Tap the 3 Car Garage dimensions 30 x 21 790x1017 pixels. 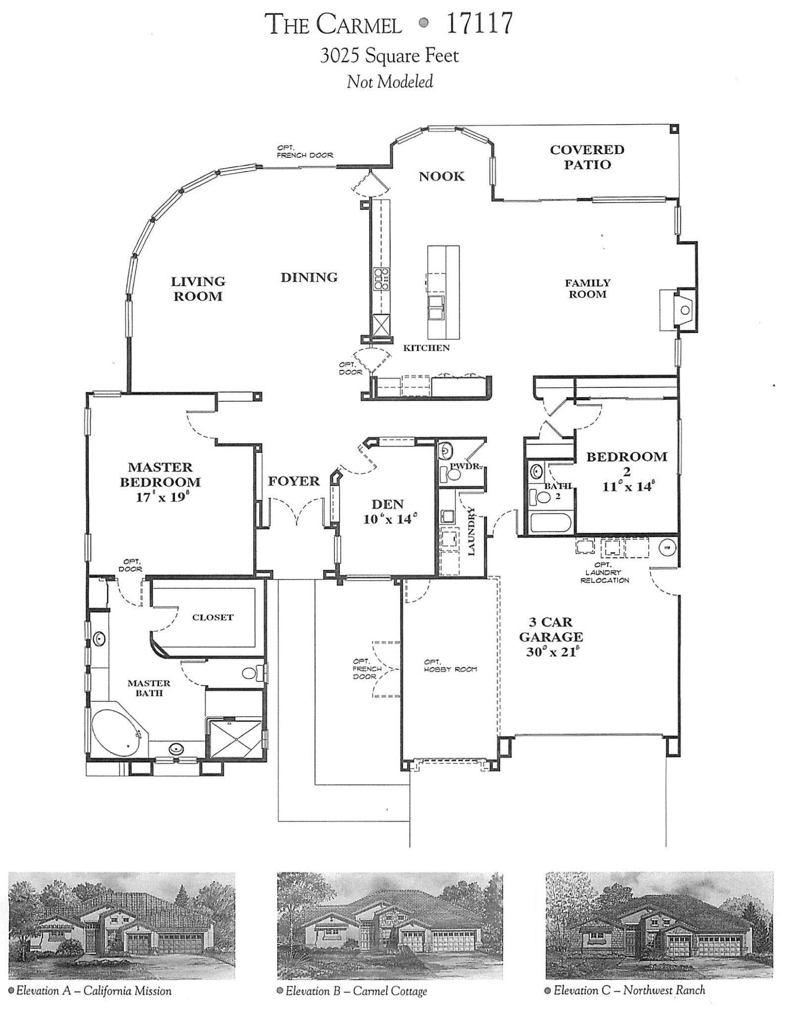(551, 652)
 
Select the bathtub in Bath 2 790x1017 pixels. (550, 524)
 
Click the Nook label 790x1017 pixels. (441, 176)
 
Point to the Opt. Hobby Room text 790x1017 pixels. (450, 665)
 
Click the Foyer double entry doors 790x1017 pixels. (296, 512)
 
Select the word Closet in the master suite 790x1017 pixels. (213, 617)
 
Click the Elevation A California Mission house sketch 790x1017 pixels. (122, 925)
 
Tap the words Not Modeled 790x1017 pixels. (390, 81)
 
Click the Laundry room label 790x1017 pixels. (471, 531)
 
